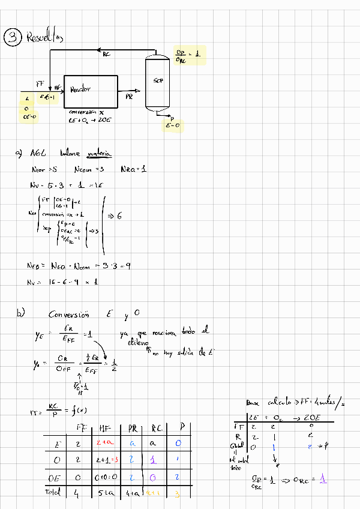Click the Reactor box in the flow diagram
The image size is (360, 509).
pos(90,91)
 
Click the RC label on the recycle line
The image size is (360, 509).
pos(106,55)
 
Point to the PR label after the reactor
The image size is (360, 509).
pos(129,96)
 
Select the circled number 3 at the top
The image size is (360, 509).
pos(11,38)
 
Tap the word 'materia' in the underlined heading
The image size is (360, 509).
pos(99,154)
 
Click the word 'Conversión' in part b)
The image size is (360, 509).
pos(68,315)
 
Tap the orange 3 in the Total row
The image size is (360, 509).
pos(178,493)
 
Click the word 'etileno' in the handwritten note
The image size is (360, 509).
pos(137,342)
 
